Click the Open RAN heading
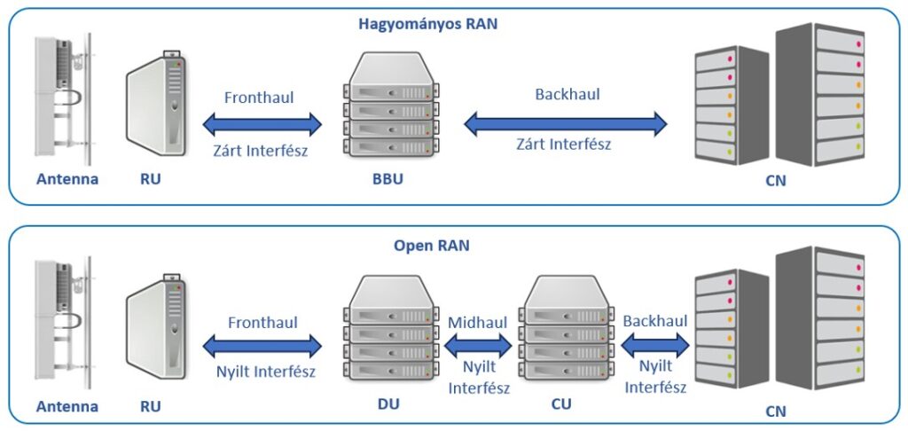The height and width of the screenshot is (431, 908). click(x=431, y=246)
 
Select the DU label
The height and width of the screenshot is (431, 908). click(x=387, y=404)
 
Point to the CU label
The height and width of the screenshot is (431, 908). click(x=560, y=404)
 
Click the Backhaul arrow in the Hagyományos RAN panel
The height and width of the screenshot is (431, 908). click(x=566, y=121)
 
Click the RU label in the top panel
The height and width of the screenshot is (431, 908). click(x=153, y=181)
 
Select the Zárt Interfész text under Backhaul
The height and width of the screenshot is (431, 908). click(x=563, y=145)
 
